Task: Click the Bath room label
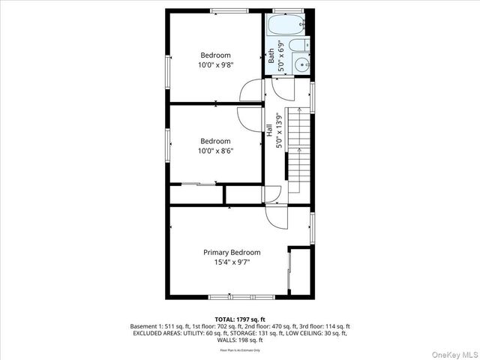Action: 271,55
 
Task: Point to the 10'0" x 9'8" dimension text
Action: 215,65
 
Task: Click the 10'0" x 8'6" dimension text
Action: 215,151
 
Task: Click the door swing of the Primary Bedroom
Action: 274,218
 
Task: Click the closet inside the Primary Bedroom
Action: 300,269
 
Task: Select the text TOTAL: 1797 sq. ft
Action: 239,319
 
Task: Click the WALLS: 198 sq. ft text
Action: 239,340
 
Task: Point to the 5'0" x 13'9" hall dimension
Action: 278,130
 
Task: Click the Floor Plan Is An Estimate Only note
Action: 239,349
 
